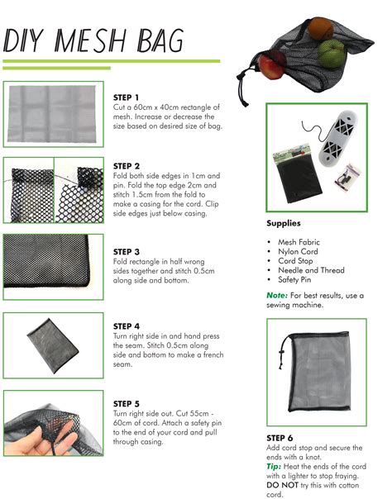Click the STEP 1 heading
pyautogui.click(x=127, y=97)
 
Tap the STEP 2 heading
pyautogui.click(x=127, y=165)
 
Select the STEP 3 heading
pyautogui.click(x=127, y=251)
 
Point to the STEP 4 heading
pyautogui.click(x=127, y=326)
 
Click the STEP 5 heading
pyautogui.click(x=127, y=405)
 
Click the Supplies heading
pyautogui.click(x=283, y=224)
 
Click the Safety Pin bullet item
pyautogui.click(x=297, y=280)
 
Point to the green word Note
pyautogui.click(x=276, y=296)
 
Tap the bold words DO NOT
pyautogui.click(x=280, y=486)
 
